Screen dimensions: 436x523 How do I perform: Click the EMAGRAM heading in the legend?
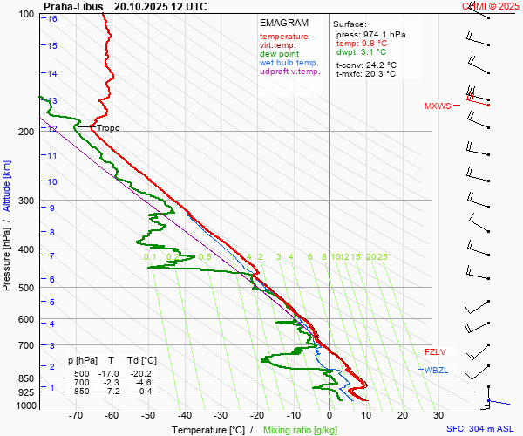(284, 23)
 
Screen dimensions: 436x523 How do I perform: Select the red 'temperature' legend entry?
(283, 37)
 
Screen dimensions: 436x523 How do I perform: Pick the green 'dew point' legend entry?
(279, 54)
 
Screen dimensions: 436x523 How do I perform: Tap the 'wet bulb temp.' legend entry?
(289, 63)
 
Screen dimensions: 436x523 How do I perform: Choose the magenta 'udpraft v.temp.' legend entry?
(290, 72)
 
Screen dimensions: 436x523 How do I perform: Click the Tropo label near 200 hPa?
(108, 128)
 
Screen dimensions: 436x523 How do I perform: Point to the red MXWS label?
(438, 106)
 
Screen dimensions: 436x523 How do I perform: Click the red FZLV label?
(436, 352)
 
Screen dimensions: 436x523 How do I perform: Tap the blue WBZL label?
(436, 371)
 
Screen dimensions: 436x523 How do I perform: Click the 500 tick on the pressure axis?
(28, 288)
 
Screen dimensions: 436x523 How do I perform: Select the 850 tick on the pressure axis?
(28, 379)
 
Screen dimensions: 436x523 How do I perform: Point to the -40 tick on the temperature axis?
(184, 416)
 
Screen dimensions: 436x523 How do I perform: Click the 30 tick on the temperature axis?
(438, 416)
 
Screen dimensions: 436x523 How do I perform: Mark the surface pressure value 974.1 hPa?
(384, 34)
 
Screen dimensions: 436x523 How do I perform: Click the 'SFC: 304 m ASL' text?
(482, 429)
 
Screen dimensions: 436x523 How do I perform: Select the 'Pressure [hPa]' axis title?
(7, 253)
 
